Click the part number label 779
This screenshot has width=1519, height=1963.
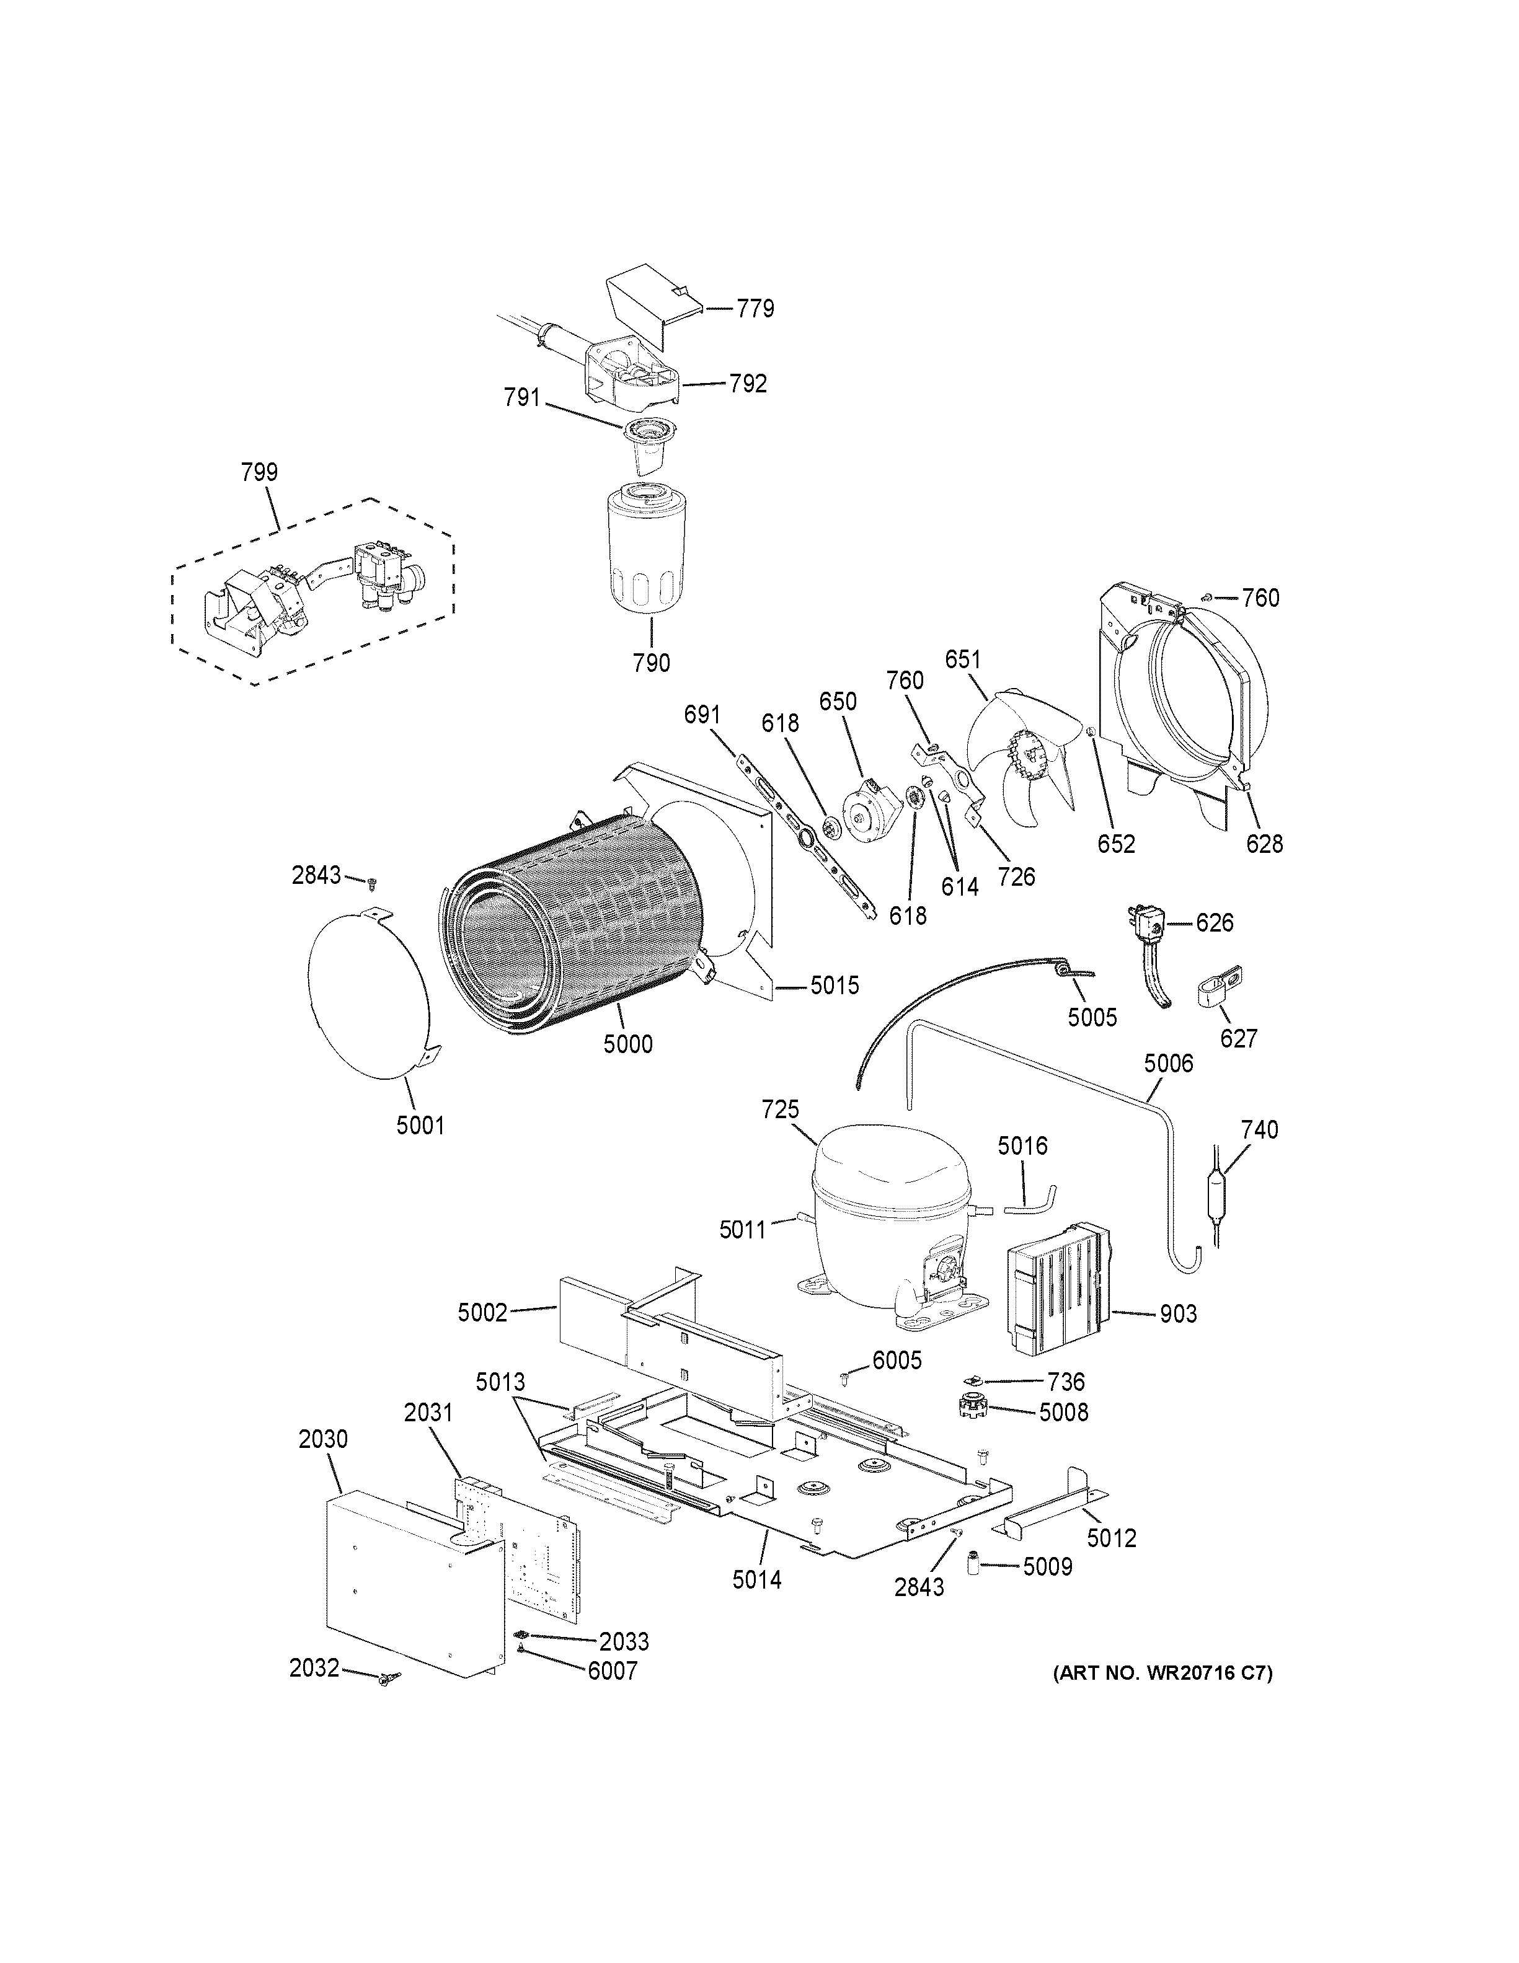755,309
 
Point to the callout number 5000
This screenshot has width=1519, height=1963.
627,1044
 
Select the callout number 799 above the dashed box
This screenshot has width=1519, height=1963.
259,472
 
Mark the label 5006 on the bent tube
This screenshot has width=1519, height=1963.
1169,1064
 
